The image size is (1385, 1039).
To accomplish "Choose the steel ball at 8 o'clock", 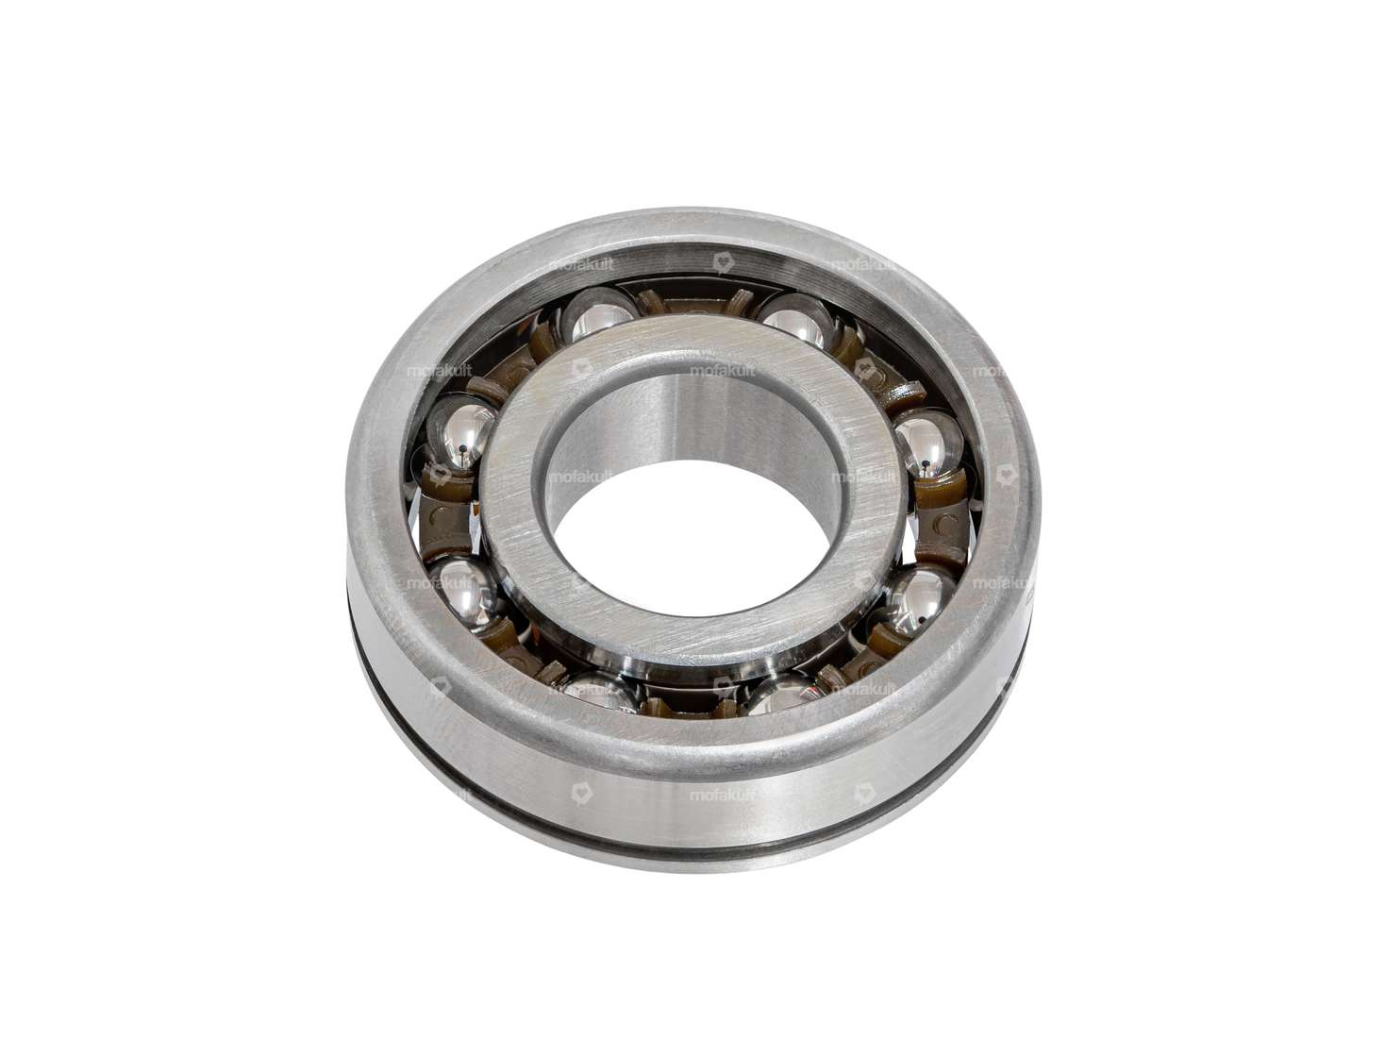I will click(462, 589).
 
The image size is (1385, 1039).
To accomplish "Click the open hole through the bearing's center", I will click(684, 528).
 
